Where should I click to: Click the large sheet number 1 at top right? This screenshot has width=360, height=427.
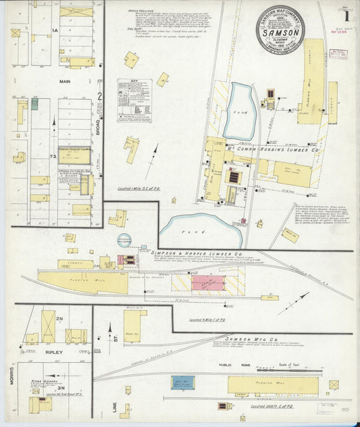click(346, 13)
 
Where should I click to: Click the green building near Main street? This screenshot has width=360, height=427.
click(34, 103)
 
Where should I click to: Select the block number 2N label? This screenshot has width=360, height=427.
click(59, 319)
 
